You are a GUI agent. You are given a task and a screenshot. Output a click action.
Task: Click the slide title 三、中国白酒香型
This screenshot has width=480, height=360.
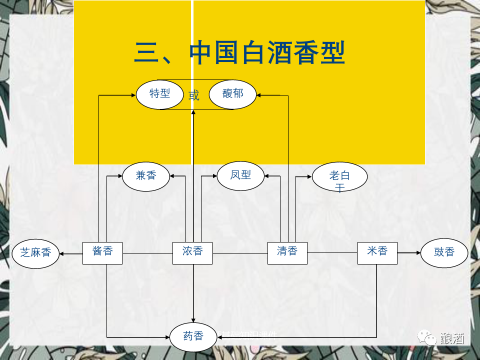[239, 53]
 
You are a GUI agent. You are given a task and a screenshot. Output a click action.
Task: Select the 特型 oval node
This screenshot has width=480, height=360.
[160, 93]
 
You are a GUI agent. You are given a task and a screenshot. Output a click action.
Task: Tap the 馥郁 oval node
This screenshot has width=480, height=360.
[232, 93]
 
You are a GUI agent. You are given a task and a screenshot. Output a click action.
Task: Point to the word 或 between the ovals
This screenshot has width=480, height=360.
[194, 95]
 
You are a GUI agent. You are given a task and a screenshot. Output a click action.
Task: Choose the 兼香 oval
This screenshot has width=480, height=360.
[146, 175]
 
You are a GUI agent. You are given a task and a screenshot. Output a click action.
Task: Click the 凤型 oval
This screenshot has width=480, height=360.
[240, 175]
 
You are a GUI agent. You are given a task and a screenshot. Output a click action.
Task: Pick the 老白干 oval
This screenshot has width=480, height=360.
[339, 177]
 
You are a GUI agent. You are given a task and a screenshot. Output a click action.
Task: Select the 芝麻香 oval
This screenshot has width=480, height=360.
[35, 252]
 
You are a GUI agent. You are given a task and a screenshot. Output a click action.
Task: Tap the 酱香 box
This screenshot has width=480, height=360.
[102, 252]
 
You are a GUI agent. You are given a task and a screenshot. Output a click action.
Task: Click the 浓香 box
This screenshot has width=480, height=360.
[192, 252]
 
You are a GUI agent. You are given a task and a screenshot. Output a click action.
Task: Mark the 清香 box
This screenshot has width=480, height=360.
[287, 252]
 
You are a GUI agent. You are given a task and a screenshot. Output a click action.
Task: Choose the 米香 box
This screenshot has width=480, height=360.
[377, 252]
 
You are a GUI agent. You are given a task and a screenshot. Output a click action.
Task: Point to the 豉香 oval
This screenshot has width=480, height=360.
[444, 252]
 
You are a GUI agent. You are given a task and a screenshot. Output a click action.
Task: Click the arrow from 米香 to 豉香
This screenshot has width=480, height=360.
[409, 253]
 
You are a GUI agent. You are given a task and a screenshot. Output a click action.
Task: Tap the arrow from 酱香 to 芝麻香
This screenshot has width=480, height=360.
[71, 253]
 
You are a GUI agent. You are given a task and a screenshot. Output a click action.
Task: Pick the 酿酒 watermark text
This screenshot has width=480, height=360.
[452, 338]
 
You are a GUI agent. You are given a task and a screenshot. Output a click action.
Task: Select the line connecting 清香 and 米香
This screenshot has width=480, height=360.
[332, 253]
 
